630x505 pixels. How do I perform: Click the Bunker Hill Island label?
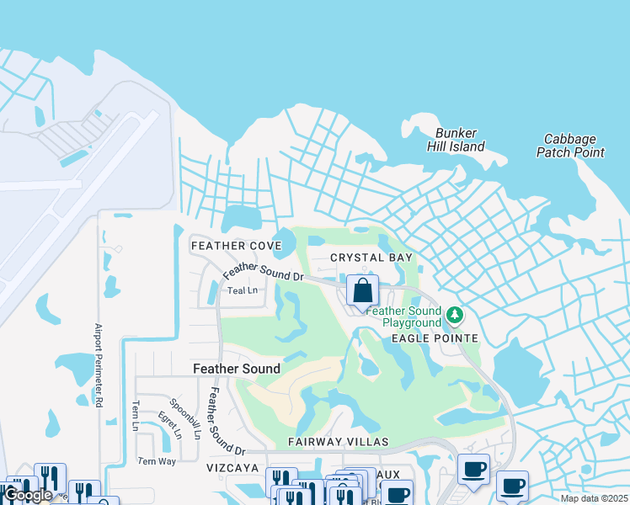pyautogui.click(x=460, y=140)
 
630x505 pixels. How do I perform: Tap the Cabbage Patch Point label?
pyautogui.click(x=570, y=146)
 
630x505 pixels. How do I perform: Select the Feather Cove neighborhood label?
pyautogui.click(x=236, y=246)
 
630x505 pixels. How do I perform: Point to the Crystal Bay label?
pyautogui.click(x=371, y=258)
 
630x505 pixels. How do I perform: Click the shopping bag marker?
pyautogui.click(x=362, y=291)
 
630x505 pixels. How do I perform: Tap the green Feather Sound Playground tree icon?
pyautogui.click(x=455, y=316)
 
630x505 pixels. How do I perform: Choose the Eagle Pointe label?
pyautogui.click(x=435, y=338)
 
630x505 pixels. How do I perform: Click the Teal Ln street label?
pyautogui.click(x=242, y=290)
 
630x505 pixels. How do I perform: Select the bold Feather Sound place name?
pyautogui.click(x=237, y=369)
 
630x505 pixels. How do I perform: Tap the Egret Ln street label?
pyautogui.click(x=169, y=426)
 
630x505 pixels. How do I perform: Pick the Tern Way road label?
pyautogui.click(x=157, y=461)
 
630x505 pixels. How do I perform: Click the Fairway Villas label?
pyautogui.click(x=338, y=442)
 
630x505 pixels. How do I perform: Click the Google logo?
pyautogui.click(x=28, y=495)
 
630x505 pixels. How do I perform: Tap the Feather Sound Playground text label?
pyautogui.click(x=412, y=316)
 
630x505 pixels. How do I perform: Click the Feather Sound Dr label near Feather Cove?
pyautogui.click(x=263, y=271)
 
